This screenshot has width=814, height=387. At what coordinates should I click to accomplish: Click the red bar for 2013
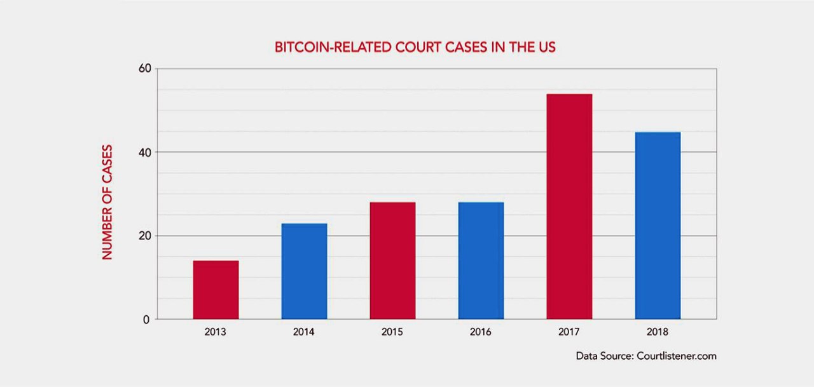click(216, 290)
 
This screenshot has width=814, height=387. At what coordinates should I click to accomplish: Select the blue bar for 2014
click(304, 271)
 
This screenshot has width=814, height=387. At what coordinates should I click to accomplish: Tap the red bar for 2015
click(392, 261)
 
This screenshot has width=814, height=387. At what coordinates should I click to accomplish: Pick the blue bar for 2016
click(481, 261)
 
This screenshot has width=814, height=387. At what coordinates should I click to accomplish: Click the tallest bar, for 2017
click(569, 207)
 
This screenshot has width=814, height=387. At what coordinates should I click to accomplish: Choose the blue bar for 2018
click(658, 226)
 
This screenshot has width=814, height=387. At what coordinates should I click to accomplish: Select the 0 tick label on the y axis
click(146, 320)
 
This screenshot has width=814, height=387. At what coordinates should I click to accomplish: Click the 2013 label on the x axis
click(216, 332)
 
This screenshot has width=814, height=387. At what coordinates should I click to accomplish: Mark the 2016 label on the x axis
click(481, 332)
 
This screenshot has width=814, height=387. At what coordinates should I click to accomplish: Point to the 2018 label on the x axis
click(658, 332)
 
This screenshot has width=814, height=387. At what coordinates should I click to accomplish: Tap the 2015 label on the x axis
click(392, 332)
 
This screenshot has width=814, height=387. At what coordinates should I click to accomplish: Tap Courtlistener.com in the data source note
click(677, 356)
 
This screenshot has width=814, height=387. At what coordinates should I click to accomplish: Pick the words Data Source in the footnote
click(604, 356)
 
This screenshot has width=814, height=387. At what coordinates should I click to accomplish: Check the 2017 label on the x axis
click(569, 332)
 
